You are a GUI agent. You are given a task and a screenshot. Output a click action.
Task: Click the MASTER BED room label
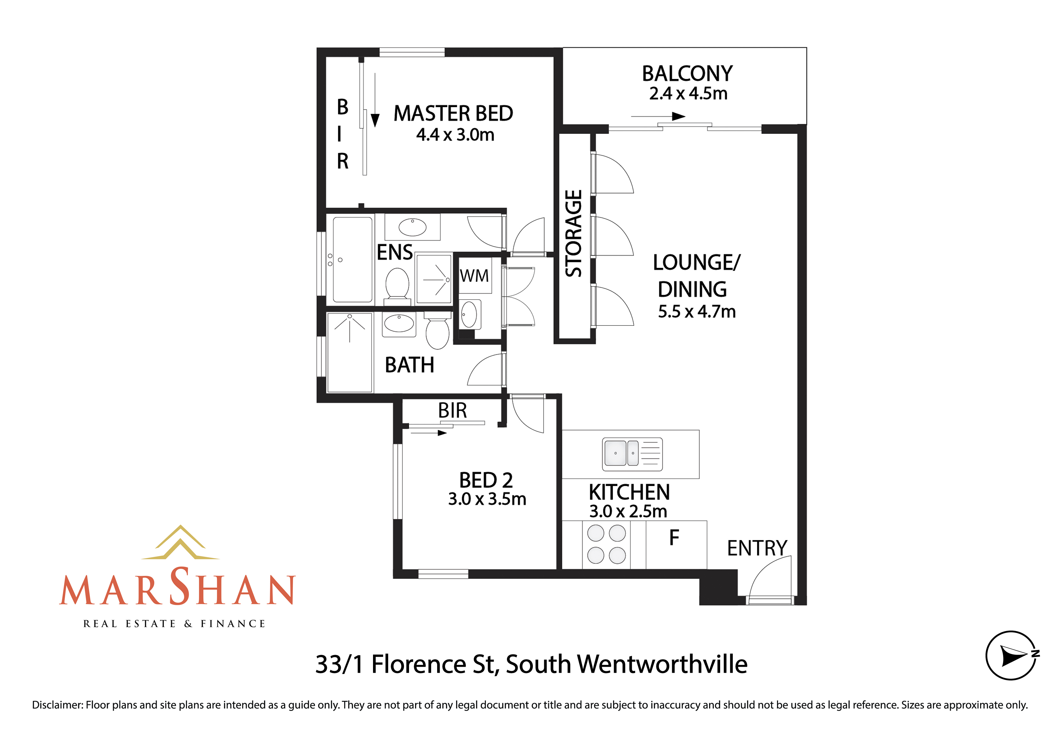(x=453, y=113)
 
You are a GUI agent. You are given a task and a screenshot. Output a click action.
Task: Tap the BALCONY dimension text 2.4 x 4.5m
(x=688, y=93)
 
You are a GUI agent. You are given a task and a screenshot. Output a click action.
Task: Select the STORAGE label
(x=574, y=233)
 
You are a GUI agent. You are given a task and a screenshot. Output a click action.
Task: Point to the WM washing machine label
(x=474, y=276)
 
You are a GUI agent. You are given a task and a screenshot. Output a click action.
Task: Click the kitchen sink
(x=632, y=454)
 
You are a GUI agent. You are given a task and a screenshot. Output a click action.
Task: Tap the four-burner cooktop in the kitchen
(x=606, y=544)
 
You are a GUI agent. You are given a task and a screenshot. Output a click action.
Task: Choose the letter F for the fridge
(x=674, y=538)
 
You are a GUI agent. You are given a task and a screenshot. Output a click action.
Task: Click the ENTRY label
(x=757, y=548)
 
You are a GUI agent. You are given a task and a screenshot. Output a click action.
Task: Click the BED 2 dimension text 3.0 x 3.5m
(x=487, y=499)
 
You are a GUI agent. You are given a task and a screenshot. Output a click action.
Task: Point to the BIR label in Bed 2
(x=452, y=410)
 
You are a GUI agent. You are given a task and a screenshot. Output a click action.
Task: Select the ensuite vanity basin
(x=412, y=227)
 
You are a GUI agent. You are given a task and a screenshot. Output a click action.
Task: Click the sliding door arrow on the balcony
(x=658, y=117)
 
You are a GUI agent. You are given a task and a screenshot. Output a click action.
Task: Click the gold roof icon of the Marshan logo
(x=180, y=543)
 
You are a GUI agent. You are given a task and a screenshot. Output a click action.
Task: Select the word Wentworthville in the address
(x=662, y=664)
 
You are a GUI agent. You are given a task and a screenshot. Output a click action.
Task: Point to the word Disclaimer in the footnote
(x=57, y=705)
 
